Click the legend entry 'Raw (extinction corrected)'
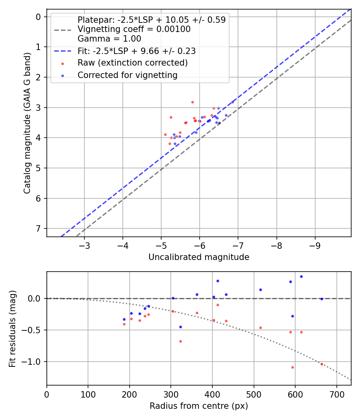point(132,63)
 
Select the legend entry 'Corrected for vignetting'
point(128,75)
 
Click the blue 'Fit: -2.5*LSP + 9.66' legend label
point(136,51)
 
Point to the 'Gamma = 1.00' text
point(109,39)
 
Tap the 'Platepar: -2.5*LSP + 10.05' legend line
point(151,20)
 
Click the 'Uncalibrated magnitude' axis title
point(199,257)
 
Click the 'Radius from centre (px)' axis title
point(199,406)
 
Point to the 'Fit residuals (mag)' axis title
point(12,328)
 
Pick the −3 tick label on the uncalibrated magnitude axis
point(84,245)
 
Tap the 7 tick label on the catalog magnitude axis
point(38,228)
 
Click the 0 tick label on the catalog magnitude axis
point(38,16)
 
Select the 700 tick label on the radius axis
point(337,394)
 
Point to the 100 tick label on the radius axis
point(88,394)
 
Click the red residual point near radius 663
point(322,364)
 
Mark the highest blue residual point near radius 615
point(301,276)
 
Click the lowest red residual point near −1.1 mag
point(292,367)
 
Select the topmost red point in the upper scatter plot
point(192,102)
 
